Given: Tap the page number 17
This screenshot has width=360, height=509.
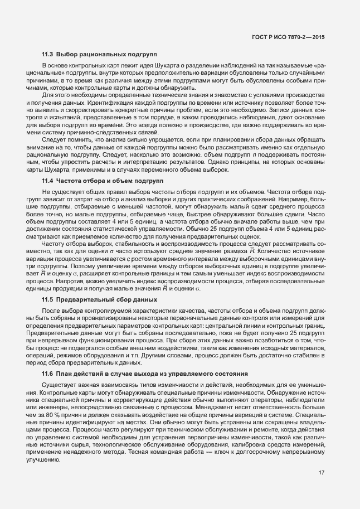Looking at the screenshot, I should pyautogui.click(x=322, y=473).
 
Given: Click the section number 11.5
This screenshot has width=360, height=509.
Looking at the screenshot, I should pyautogui.click(x=47, y=300).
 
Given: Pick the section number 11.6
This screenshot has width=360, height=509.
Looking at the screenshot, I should pyautogui.click(x=47, y=372).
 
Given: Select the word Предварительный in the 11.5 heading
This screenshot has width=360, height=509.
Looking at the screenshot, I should pyautogui.click(x=82, y=300).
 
